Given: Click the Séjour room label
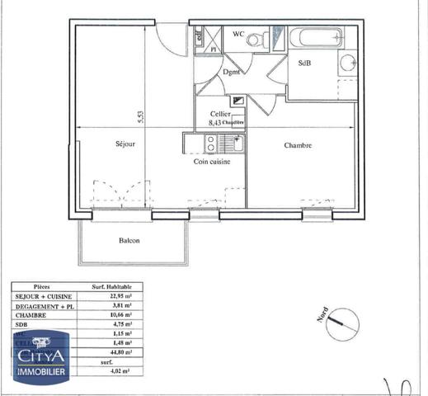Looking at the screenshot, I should tap(125, 144).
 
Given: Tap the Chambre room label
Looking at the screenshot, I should tap(298, 145).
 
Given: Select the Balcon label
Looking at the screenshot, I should tap(128, 241).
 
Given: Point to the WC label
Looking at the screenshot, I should tap(238, 34).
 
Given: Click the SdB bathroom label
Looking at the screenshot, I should tap(304, 63).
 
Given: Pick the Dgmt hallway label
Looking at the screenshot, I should tap(232, 72).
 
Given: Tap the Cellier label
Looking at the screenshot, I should tap(220, 114).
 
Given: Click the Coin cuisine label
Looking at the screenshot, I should tap(212, 162).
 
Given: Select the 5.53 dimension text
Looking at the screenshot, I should tap(141, 117).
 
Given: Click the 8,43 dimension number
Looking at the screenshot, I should tap(215, 122).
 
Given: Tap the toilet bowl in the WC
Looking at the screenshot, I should tap(256, 39).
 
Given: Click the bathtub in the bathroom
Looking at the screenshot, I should tap(317, 37).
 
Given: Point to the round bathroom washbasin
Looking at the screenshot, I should tap(348, 64).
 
